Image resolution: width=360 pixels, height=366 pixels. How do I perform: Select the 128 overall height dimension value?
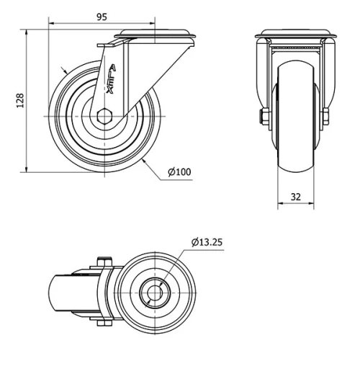point(20,100)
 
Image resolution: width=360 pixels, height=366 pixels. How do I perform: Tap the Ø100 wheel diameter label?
point(179,172)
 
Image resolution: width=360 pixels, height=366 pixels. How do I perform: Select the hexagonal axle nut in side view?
point(104,116)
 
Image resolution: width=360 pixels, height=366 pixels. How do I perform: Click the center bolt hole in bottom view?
point(155,293)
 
